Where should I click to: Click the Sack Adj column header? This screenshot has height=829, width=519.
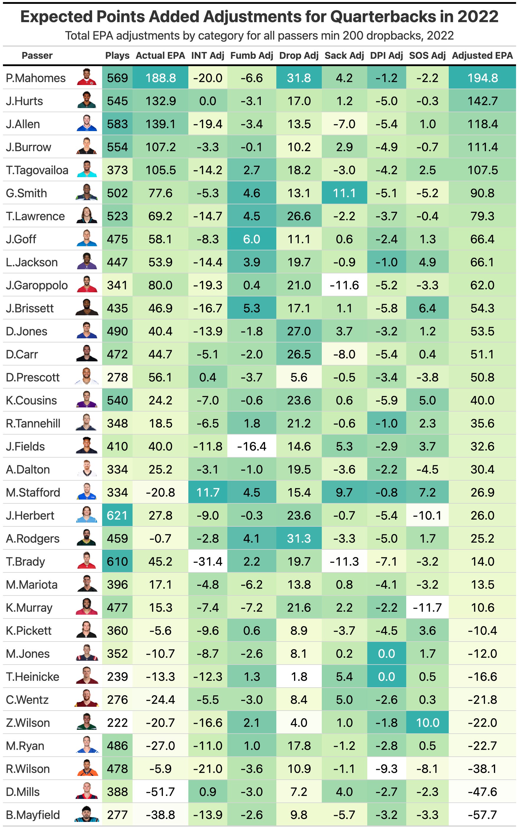344,56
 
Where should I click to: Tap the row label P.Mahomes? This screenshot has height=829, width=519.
36,78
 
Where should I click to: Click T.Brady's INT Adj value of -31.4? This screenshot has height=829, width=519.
208,562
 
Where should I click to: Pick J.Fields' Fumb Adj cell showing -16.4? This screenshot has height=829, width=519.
252,446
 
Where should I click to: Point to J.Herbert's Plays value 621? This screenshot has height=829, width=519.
117,515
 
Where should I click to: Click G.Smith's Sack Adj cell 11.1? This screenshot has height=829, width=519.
344,193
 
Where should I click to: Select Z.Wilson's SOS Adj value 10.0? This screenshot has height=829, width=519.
427,723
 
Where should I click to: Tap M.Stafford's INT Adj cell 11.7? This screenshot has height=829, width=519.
208,493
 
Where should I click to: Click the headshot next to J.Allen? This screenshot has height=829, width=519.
87,124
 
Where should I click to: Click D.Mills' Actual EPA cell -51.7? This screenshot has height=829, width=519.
160,792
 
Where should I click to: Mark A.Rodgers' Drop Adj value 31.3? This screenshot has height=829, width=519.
299,538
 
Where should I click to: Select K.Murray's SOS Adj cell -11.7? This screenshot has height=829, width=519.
427,608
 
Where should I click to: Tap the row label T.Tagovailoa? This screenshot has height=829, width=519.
37,170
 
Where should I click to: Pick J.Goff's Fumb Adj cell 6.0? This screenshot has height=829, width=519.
252,239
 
